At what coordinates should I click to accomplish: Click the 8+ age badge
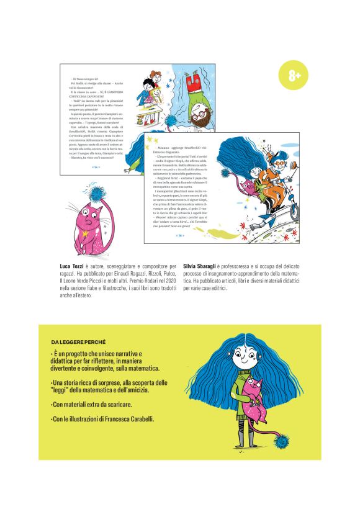click(x=294, y=76)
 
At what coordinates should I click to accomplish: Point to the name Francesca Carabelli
click(x=132, y=419)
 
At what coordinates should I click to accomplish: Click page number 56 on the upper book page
click(x=96, y=167)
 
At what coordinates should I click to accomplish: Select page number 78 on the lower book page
click(x=179, y=235)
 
